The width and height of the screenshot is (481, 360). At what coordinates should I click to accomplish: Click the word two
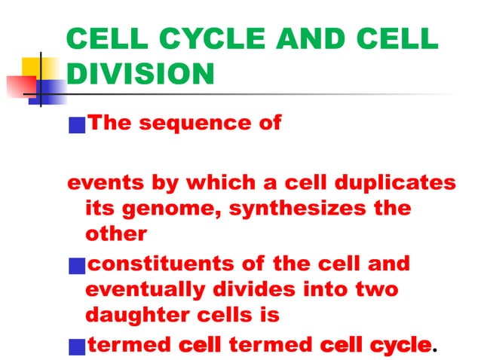(x=375, y=289)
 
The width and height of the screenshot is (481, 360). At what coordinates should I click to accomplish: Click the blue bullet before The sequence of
(x=76, y=125)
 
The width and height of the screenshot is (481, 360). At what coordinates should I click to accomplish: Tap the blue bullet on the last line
(x=76, y=346)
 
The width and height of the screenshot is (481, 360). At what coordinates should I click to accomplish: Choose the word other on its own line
(x=116, y=233)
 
